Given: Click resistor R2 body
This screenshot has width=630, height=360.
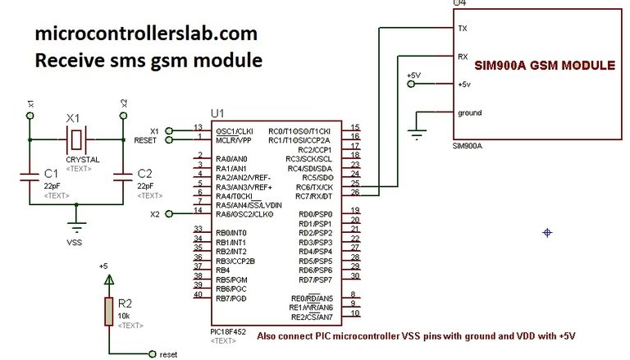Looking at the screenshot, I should tap(107, 312).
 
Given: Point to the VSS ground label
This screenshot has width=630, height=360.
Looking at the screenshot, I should tap(75, 242).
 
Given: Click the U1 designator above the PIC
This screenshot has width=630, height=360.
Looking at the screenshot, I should tap(217, 112).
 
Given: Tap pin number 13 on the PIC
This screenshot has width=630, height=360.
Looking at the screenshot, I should tap(198, 127).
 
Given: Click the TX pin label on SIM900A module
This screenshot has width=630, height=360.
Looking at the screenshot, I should tap(463, 28).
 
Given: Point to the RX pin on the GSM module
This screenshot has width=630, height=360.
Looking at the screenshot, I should tap(463, 57).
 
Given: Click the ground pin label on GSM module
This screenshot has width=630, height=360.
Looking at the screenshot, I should tap(469, 113).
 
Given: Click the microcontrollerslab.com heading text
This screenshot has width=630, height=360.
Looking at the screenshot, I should tap(146, 34).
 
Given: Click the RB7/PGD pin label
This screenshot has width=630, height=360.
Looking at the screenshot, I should tap(232, 298).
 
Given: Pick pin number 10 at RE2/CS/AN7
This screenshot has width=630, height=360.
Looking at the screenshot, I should tap(354, 313).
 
